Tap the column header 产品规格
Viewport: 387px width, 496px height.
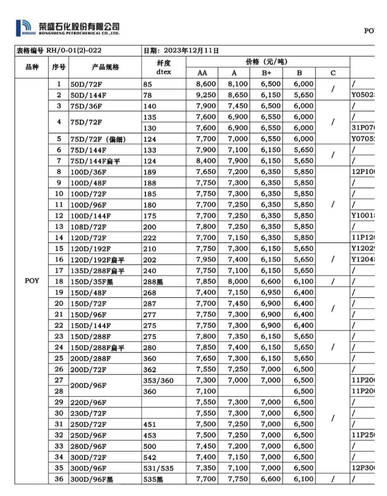105,67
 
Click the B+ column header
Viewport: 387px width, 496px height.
271,73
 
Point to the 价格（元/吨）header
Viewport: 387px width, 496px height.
267,62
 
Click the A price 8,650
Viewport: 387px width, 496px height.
237,95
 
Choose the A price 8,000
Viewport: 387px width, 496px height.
237,282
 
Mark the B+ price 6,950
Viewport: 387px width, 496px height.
271,292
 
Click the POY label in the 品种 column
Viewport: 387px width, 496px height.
32,281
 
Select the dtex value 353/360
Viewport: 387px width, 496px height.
158,380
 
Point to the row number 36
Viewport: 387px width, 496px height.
59,479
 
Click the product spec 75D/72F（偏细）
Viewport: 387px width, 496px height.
98,139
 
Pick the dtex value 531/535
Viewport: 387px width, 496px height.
158,468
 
